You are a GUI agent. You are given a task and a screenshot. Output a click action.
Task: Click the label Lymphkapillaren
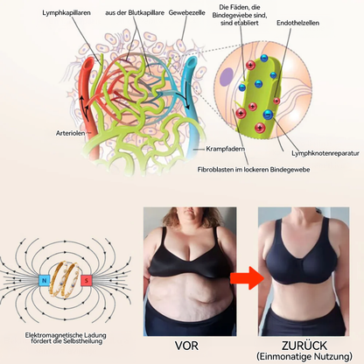[x=66, y=13]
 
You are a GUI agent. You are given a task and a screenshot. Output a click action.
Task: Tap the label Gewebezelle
[x=186, y=13]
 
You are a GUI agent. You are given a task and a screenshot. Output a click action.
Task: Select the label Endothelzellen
[x=297, y=23]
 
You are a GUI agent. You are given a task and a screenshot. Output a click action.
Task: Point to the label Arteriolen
[x=70, y=133]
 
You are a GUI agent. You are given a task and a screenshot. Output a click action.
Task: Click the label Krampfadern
[x=225, y=149]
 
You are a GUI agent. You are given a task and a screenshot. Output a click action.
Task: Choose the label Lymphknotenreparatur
[x=325, y=153]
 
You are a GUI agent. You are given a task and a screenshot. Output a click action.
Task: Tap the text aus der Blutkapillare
[x=135, y=13]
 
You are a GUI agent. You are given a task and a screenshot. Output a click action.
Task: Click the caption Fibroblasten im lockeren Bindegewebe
[x=254, y=170]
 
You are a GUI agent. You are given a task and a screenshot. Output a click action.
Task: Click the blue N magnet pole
[x=45, y=281]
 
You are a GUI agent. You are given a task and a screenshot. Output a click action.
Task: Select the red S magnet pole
[x=87, y=281]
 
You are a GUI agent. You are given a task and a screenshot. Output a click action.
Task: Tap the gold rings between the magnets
[x=66, y=279]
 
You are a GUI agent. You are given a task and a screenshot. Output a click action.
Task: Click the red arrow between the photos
[x=247, y=278]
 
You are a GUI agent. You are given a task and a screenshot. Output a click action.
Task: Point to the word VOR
[x=186, y=346]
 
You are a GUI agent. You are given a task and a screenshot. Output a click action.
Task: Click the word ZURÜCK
[x=304, y=346]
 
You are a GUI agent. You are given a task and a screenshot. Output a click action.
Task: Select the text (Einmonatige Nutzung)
[x=304, y=356]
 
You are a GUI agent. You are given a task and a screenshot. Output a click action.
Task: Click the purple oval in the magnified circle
[x=227, y=77]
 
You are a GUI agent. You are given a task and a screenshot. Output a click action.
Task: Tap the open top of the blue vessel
[x=191, y=61]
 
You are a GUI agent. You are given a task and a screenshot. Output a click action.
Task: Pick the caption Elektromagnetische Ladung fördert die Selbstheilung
[x=66, y=339]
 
